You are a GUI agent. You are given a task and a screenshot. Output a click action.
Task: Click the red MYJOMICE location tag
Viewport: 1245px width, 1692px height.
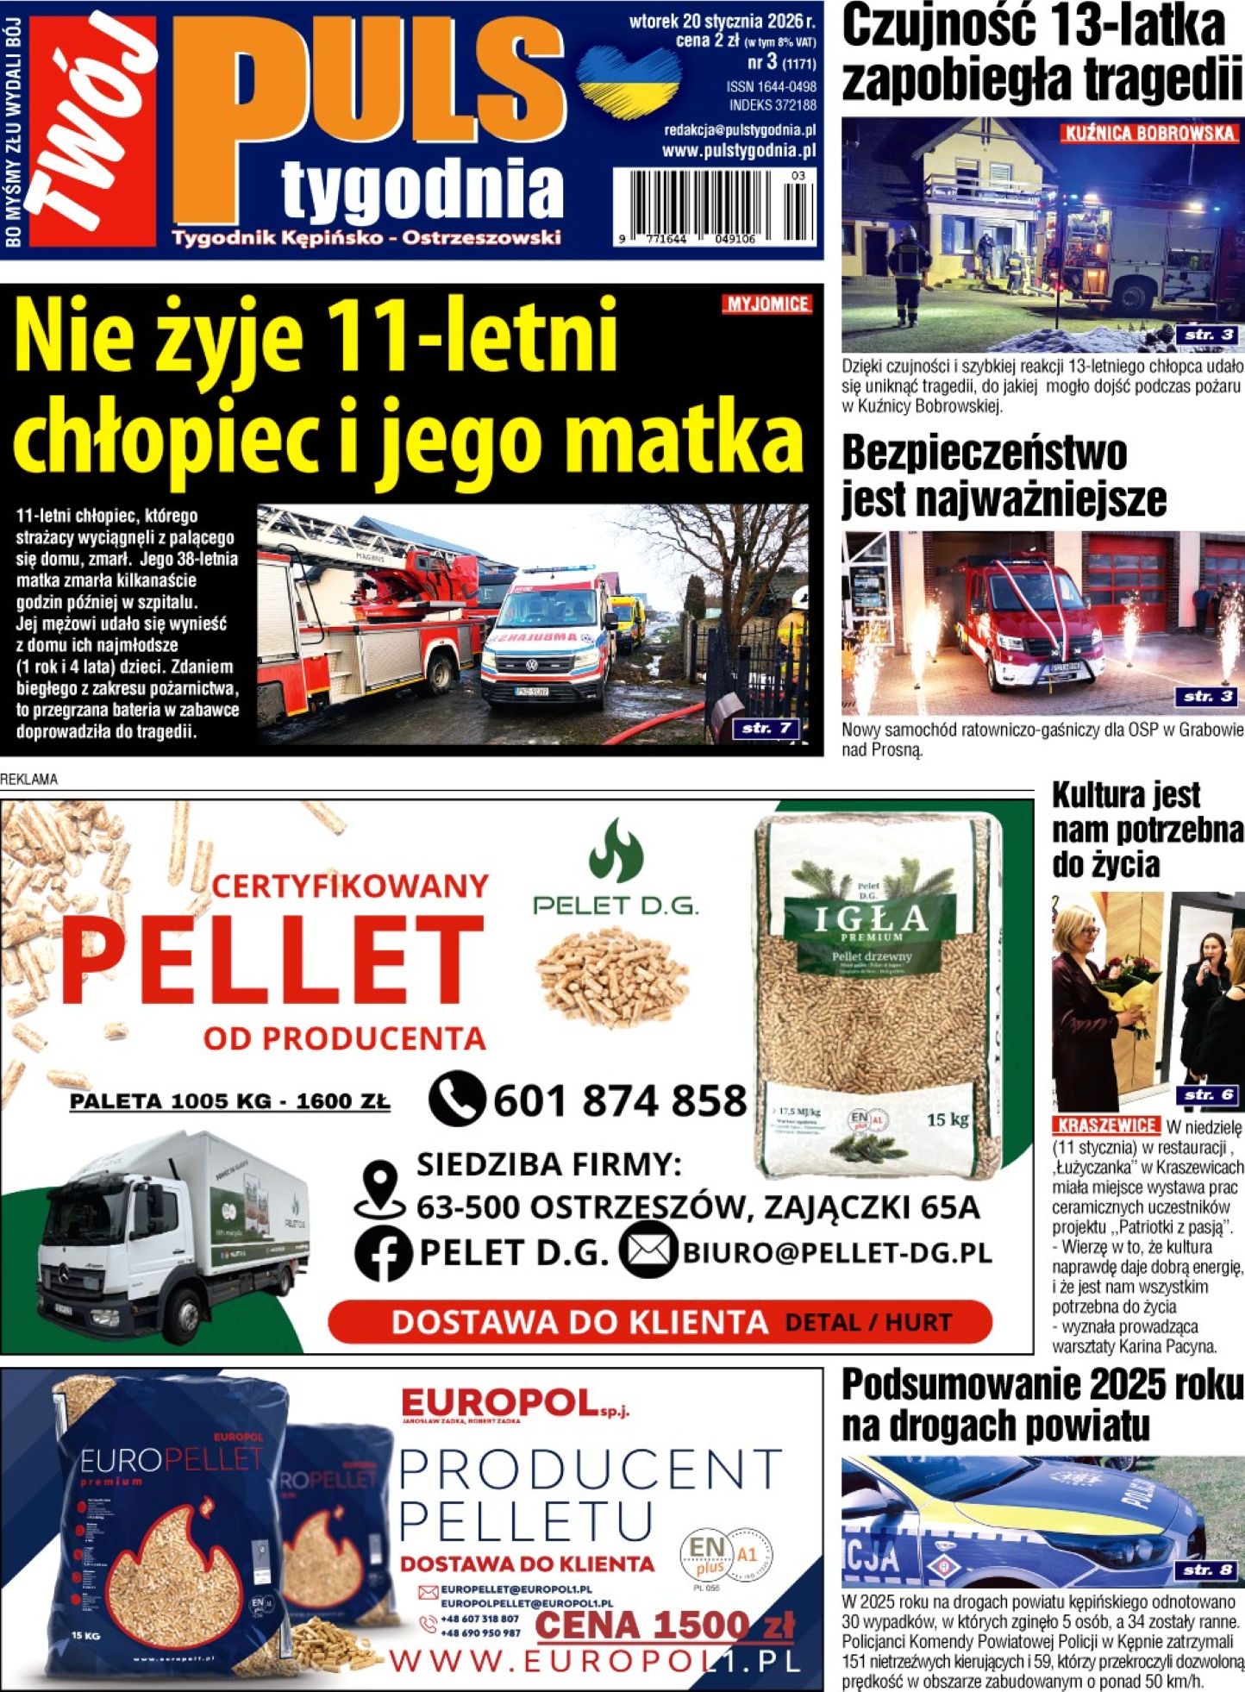coord(766,304)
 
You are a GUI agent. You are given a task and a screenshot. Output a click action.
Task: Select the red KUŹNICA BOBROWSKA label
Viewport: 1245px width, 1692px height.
coord(1149,134)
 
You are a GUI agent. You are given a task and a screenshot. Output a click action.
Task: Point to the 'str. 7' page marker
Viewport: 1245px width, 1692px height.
coord(766,728)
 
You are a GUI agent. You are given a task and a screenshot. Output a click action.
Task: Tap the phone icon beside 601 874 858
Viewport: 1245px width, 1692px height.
coord(456,1098)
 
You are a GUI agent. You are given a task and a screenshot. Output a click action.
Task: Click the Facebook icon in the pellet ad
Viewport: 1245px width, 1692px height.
coord(384,1255)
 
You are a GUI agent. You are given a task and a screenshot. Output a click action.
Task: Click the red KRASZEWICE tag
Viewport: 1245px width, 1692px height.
coord(1105,1125)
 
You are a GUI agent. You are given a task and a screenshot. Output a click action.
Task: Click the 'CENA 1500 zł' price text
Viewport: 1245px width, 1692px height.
coord(664,1626)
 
